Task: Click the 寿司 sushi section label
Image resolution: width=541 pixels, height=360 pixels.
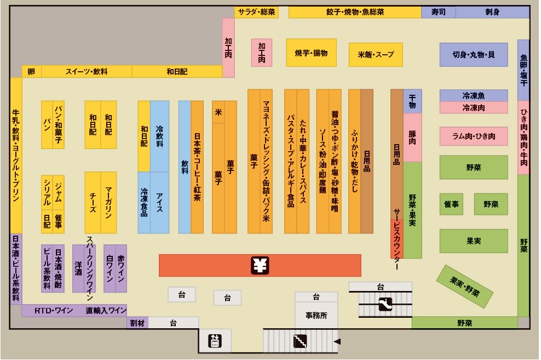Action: [x=438, y=12]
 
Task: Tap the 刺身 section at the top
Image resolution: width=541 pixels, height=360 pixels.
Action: [x=492, y=12]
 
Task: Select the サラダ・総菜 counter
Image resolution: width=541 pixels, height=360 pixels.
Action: [x=256, y=12]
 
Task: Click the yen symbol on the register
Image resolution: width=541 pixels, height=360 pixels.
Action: [x=260, y=265]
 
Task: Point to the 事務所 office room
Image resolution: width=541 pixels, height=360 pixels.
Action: [x=316, y=316]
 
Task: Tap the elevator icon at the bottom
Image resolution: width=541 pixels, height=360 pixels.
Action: [x=215, y=341]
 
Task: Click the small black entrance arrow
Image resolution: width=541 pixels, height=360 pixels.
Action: [x=337, y=342]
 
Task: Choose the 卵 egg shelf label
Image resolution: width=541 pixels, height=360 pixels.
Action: [x=31, y=71]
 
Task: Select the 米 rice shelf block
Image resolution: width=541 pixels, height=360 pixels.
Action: [x=218, y=112]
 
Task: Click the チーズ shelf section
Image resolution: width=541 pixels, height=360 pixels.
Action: [x=93, y=203]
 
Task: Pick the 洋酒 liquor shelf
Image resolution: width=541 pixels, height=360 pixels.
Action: [x=78, y=268]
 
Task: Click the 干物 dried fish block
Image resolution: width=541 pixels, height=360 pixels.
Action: [x=412, y=101]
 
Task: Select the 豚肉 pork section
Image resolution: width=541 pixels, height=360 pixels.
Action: [x=412, y=137]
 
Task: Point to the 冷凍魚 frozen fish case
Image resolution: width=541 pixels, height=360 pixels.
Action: [x=473, y=95]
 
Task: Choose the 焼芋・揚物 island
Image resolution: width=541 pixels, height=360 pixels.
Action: [x=310, y=54]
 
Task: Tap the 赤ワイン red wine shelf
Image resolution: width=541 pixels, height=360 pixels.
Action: [x=120, y=268]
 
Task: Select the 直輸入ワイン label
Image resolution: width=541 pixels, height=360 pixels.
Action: [x=106, y=311]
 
